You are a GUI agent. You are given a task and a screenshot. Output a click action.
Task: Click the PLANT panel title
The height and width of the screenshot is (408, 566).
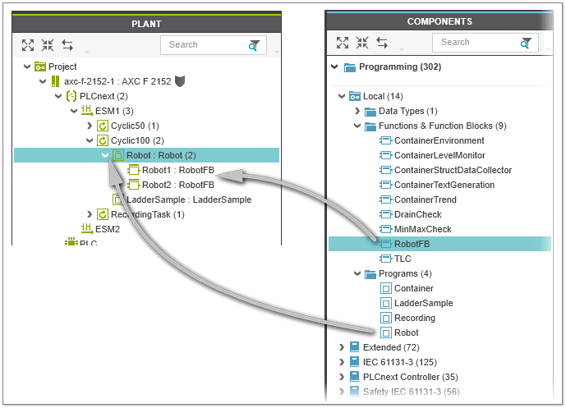pyautogui.click(x=146, y=24)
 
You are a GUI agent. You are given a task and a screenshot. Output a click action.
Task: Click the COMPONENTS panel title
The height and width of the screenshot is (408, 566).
pyautogui.click(x=439, y=21)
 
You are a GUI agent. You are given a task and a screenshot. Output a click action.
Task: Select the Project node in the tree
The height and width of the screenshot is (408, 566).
pyautogui.click(x=62, y=66)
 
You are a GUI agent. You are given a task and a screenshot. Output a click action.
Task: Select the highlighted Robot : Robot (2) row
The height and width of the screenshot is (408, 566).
pyautogui.click(x=161, y=155)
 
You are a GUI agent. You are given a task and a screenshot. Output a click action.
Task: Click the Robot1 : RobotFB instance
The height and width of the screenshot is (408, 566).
pyautogui.click(x=177, y=170)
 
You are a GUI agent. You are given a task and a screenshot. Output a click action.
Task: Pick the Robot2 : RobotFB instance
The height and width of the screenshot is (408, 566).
pyautogui.click(x=177, y=185)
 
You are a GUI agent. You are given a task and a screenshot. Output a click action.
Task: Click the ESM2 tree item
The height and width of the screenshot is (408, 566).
pyautogui.click(x=107, y=229)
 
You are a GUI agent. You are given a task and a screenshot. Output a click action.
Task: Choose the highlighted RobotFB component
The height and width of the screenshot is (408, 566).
pyautogui.click(x=412, y=244)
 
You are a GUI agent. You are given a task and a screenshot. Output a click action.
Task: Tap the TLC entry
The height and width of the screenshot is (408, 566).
pyautogui.click(x=403, y=259)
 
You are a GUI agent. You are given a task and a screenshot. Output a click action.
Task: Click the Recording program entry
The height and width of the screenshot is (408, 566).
pyautogui.click(x=414, y=318)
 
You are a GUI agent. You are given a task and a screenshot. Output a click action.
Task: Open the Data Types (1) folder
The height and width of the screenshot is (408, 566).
pyautogui.click(x=407, y=111)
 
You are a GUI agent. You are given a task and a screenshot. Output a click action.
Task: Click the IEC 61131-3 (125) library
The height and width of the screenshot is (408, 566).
pyautogui.click(x=398, y=362)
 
